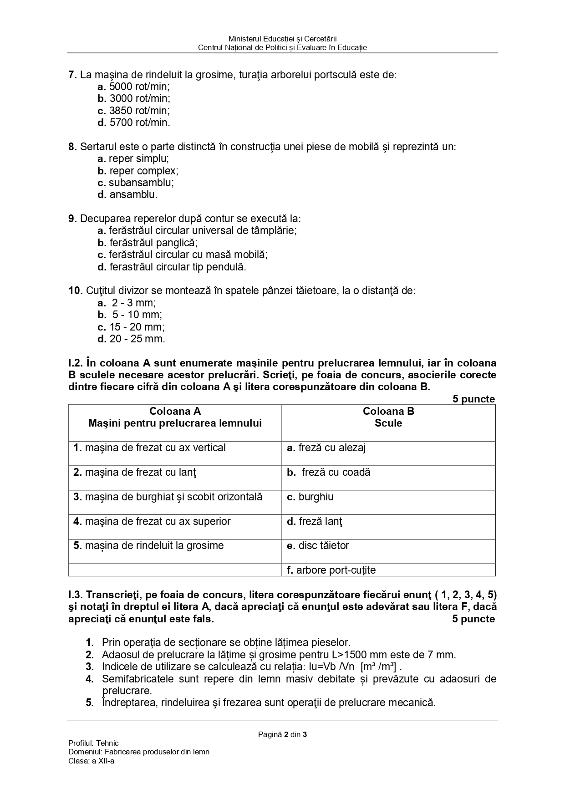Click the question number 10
tap(75, 290)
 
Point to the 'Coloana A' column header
tap(175, 412)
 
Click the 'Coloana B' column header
tap(388, 412)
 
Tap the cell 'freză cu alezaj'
tap(326, 448)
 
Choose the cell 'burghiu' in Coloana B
tap(310, 497)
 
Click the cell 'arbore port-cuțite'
tap(331, 570)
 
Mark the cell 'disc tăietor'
tap(318, 545)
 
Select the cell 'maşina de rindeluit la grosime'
tap(148, 545)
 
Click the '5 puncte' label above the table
tap(473, 399)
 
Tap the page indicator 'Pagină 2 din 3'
tap(282, 734)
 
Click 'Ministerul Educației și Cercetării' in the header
tap(282, 39)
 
